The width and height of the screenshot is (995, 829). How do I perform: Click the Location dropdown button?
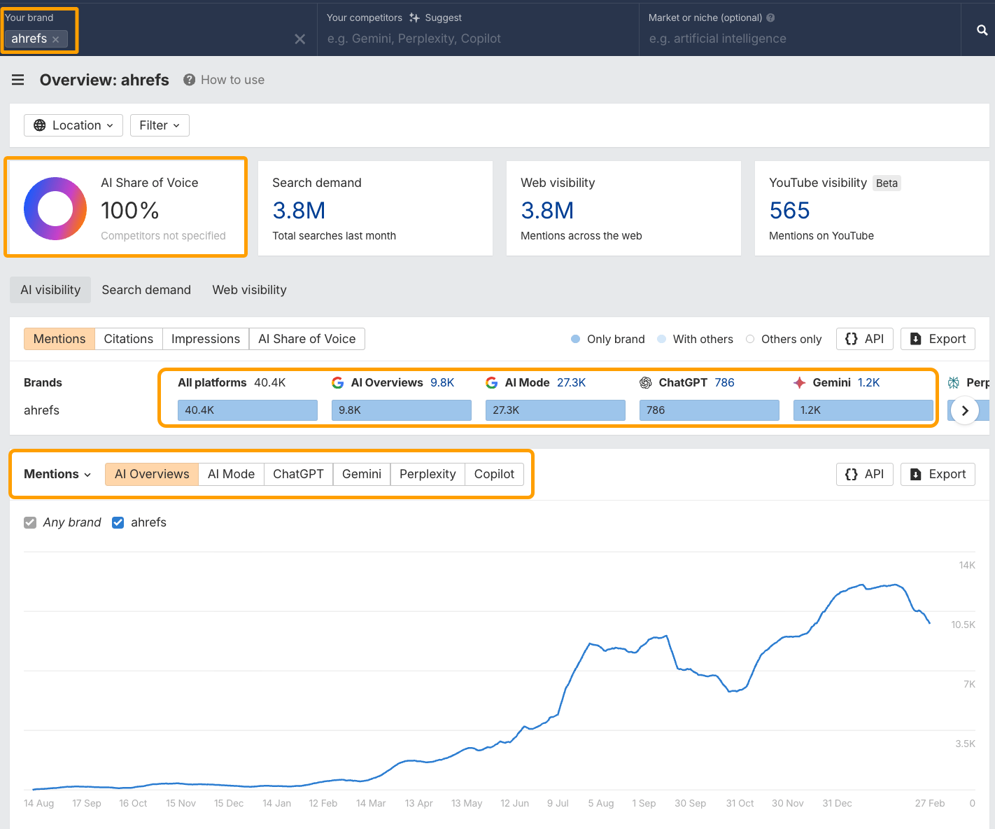click(73, 125)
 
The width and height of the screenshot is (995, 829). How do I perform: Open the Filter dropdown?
click(160, 125)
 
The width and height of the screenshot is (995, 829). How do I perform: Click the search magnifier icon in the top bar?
click(982, 30)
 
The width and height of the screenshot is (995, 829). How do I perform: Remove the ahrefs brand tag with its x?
click(56, 39)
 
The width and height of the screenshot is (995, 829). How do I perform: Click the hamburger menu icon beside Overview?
click(18, 80)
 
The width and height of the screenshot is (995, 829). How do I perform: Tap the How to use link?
click(232, 80)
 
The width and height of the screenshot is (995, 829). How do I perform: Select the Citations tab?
click(128, 339)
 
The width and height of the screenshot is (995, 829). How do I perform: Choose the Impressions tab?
click(205, 339)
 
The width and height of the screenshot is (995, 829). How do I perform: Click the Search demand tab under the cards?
click(146, 290)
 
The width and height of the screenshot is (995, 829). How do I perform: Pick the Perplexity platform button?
click(428, 474)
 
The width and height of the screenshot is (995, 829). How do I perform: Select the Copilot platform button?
click(494, 474)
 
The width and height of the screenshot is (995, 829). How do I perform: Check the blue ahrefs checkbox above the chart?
click(118, 522)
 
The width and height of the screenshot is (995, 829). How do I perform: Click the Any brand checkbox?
click(30, 522)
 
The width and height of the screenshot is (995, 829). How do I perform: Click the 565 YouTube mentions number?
click(789, 211)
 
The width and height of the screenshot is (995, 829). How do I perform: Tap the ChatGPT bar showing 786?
click(709, 410)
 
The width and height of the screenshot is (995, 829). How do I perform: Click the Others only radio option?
click(750, 339)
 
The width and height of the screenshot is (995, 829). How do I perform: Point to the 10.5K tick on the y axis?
click(963, 625)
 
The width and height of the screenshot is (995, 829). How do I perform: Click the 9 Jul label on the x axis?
click(558, 803)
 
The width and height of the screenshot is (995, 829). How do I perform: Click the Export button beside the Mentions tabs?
click(938, 339)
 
